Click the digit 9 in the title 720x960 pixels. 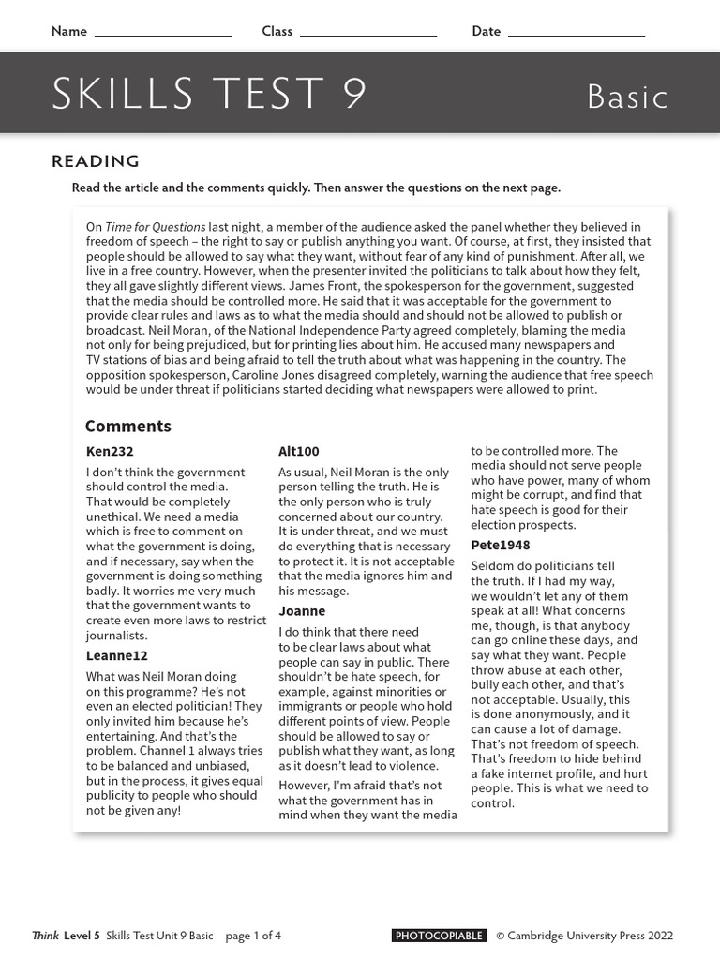click(x=354, y=95)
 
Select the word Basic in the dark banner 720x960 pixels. click(x=627, y=97)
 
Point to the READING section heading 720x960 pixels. click(x=96, y=161)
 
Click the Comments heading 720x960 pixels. click(x=128, y=426)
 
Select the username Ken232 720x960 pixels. click(x=110, y=451)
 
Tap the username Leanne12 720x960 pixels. click(x=117, y=655)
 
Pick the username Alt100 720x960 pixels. click(x=299, y=451)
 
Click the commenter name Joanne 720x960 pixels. click(x=302, y=611)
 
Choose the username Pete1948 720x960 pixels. click(x=501, y=545)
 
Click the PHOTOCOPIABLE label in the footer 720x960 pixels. click(x=439, y=936)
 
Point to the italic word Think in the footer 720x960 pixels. click(x=45, y=936)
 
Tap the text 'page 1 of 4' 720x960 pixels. click(x=253, y=936)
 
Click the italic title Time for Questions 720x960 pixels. click(x=155, y=227)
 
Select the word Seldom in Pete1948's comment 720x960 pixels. click(x=492, y=566)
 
